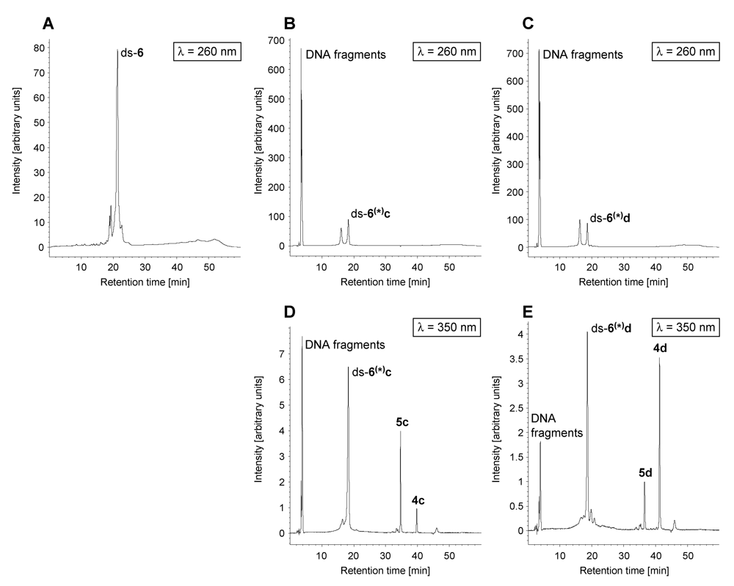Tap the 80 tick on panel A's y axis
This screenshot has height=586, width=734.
(38, 48)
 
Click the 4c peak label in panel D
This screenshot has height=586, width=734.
(418, 501)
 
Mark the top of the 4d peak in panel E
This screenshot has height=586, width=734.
(659, 358)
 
